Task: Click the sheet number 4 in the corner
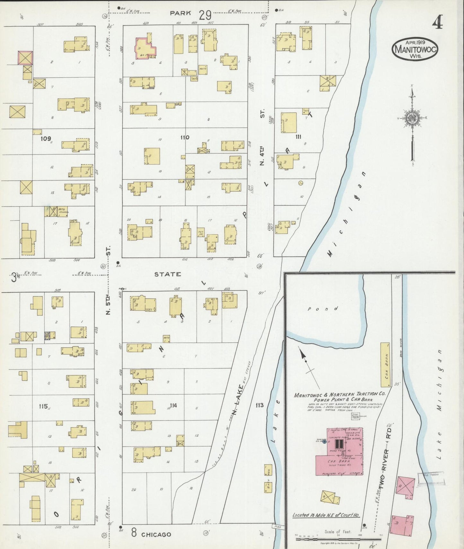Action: pyautogui.click(x=437, y=23)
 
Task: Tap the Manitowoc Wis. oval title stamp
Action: pyautogui.click(x=415, y=49)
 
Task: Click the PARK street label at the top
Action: pyautogui.click(x=180, y=13)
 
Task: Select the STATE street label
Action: pyautogui.click(x=168, y=274)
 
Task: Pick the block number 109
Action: pyautogui.click(x=46, y=139)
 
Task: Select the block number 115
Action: pyautogui.click(x=43, y=406)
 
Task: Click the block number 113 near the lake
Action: pyautogui.click(x=259, y=405)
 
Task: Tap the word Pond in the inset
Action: pyautogui.click(x=323, y=309)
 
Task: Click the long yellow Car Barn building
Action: pyautogui.click(x=385, y=365)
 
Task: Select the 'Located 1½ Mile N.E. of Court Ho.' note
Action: pyautogui.click(x=326, y=515)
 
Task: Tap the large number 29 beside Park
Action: pyautogui.click(x=205, y=15)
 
